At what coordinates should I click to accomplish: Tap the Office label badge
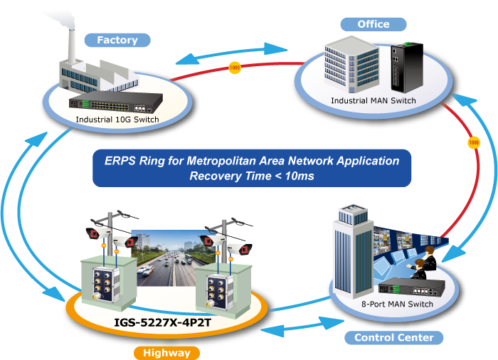[x=373, y=23]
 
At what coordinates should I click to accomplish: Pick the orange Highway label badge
[x=166, y=352]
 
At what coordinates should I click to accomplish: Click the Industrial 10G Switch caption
[x=117, y=119]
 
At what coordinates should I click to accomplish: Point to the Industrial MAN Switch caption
[x=373, y=101]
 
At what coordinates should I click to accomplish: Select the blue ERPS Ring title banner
[x=251, y=168]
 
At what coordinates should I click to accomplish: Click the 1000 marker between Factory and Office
[x=235, y=68]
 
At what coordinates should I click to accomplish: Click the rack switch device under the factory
[x=132, y=100]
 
